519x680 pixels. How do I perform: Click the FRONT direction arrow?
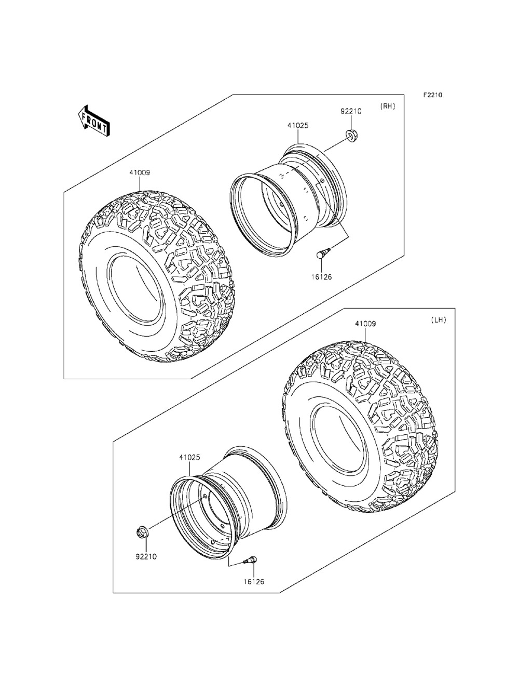pyautogui.click(x=94, y=121)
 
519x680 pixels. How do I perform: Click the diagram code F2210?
pyautogui.click(x=432, y=95)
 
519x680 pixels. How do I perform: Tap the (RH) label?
pyautogui.click(x=388, y=106)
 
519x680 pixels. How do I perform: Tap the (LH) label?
pyautogui.click(x=438, y=321)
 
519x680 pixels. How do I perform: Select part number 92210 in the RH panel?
pyautogui.click(x=350, y=111)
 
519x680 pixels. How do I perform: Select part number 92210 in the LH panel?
pyautogui.click(x=146, y=556)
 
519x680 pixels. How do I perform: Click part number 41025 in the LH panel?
pyautogui.click(x=189, y=458)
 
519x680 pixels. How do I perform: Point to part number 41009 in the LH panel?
pyautogui.click(x=365, y=324)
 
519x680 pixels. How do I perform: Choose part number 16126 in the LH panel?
pyautogui.click(x=254, y=582)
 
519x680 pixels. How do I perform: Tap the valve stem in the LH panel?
pyautogui.click(x=251, y=560)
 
